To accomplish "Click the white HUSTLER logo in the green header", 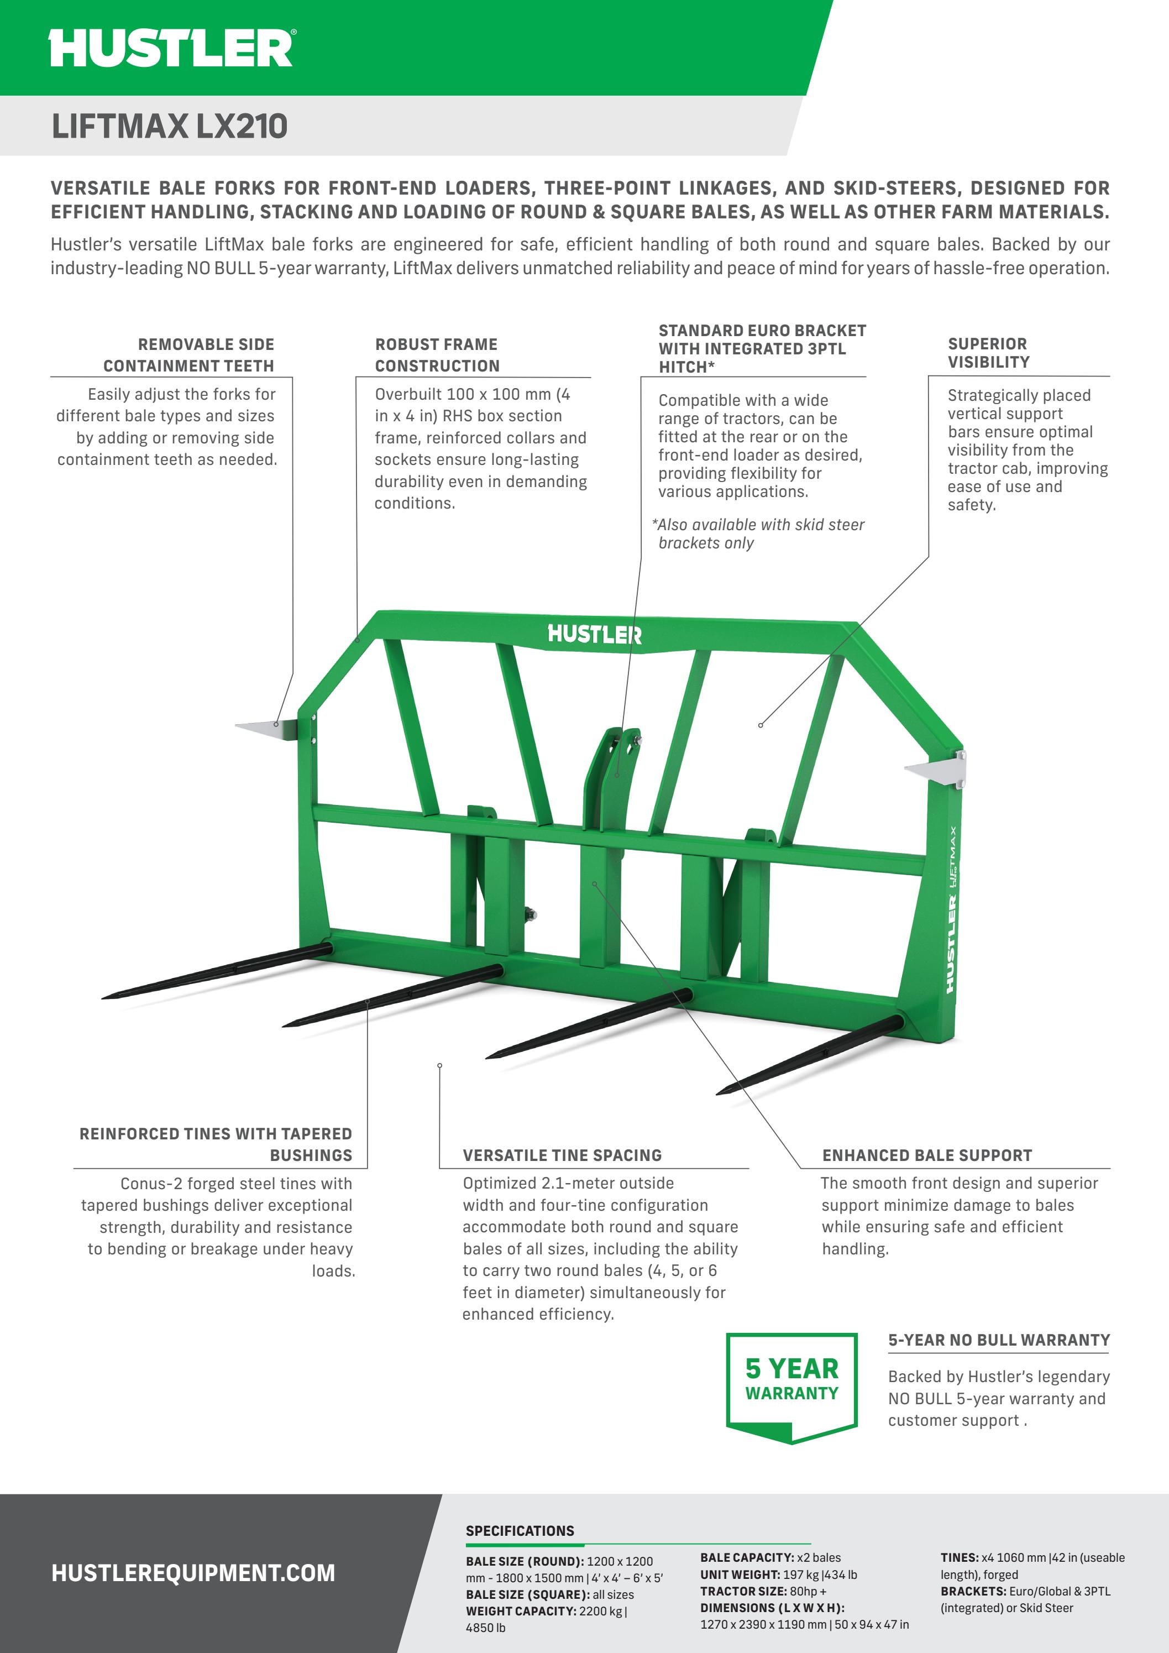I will point(171,48).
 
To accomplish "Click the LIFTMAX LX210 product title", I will point(169,126).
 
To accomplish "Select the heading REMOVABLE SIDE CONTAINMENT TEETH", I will point(188,354).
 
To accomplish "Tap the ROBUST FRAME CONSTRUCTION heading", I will point(437,354).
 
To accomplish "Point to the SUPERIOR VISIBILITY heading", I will point(988,353).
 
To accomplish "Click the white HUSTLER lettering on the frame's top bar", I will point(594,634).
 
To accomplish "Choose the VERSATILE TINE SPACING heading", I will point(562,1155).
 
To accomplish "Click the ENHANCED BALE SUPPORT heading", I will point(926,1155).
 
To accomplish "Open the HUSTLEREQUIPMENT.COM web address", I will point(193,1573).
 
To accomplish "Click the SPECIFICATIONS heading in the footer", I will point(520,1531).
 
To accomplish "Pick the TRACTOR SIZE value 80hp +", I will point(809,1591).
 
